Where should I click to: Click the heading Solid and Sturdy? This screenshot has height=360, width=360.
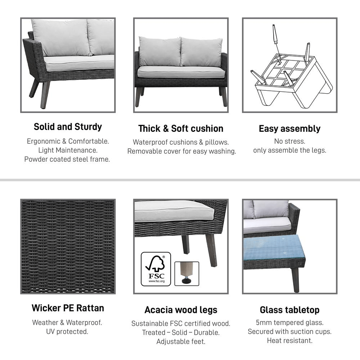(x=68, y=127)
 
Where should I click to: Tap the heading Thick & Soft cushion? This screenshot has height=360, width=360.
(x=181, y=129)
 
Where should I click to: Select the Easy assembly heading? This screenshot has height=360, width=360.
(x=289, y=129)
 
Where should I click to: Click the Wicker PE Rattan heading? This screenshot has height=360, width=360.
(x=68, y=308)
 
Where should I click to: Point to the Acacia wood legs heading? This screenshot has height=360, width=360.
(x=181, y=310)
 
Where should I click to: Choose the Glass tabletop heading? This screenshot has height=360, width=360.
(x=289, y=310)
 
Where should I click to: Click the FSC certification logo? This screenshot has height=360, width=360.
(x=156, y=269)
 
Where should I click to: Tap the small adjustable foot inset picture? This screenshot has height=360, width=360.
(x=186, y=274)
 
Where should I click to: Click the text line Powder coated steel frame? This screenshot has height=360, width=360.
(x=67, y=159)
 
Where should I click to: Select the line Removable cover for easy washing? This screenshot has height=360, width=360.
(x=181, y=151)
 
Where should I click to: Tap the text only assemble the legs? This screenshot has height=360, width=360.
(x=289, y=150)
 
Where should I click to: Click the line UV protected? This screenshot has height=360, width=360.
(x=67, y=332)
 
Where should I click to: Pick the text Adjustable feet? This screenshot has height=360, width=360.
(x=181, y=342)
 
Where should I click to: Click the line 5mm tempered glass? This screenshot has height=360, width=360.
(x=289, y=323)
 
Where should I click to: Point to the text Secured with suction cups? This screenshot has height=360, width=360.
(x=289, y=332)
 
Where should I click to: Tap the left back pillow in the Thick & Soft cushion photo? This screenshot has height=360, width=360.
(x=160, y=51)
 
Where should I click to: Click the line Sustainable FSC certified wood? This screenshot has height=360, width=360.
(x=181, y=324)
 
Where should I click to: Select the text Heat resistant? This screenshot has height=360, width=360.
(x=289, y=341)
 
